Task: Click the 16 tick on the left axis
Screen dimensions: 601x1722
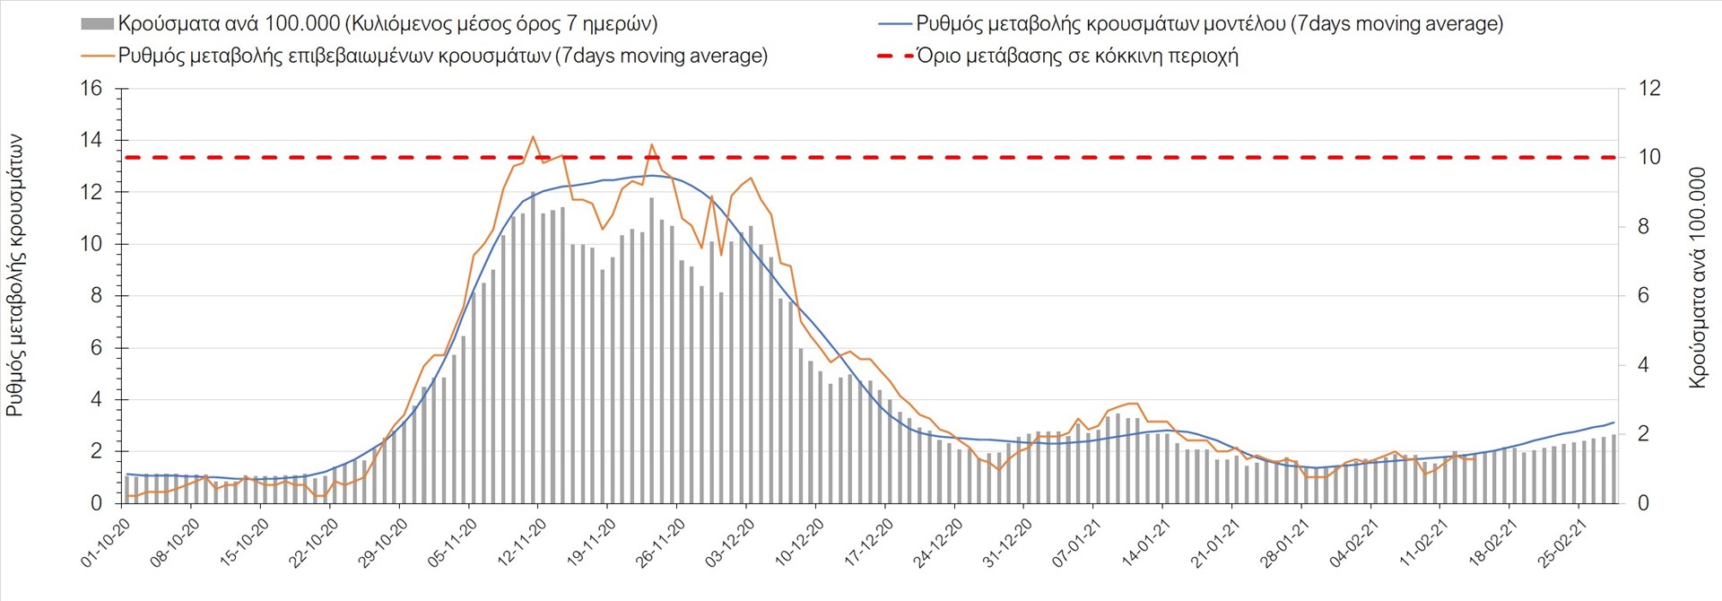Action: [91, 89]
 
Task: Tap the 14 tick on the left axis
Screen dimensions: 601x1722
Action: [91, 140]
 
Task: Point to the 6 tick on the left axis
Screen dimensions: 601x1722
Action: [97, 348]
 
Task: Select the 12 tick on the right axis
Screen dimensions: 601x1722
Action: [1649, 89]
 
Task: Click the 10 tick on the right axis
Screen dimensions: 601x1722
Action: [1649, 157]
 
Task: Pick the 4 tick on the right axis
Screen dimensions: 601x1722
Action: [1644, 365]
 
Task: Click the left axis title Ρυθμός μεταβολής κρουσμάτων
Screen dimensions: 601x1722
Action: [15, 275]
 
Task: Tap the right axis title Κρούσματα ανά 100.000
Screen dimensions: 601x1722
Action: [1698, 277]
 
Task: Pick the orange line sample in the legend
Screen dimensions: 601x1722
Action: [97, 56]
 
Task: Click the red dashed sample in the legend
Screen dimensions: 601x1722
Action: [894, 56]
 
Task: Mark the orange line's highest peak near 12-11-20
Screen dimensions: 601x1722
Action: [533, 136]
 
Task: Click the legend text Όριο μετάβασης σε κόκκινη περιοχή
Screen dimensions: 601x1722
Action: [1077, 56]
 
